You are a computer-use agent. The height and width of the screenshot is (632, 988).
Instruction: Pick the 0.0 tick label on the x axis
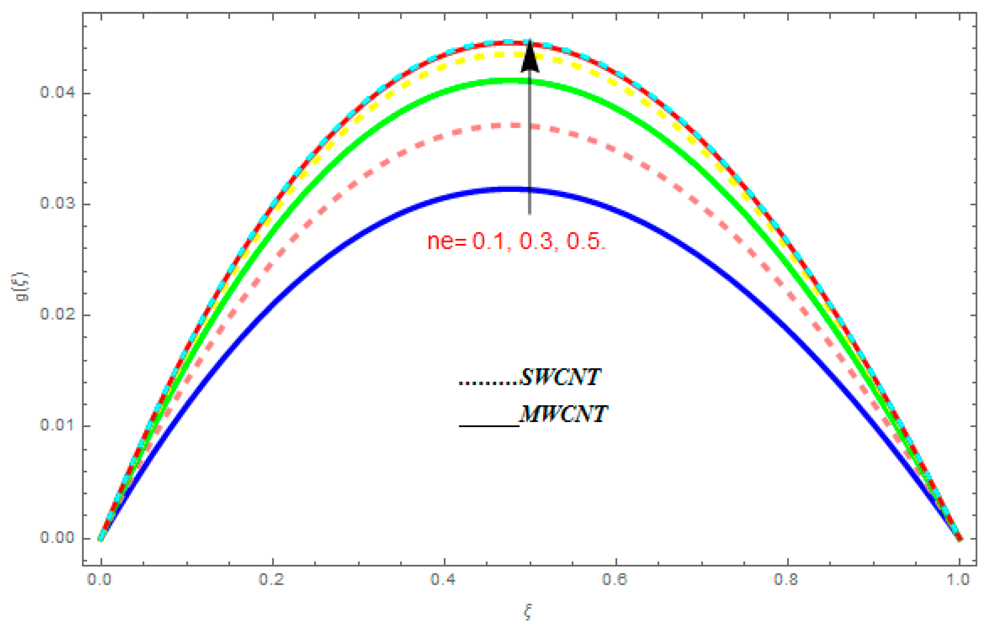[100, 579]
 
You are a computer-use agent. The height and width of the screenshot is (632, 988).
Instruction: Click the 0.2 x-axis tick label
[272, 579]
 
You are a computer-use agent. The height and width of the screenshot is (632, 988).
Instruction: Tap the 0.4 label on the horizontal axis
[443, 579]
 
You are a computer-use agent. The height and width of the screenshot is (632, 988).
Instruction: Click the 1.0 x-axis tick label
[958, 579]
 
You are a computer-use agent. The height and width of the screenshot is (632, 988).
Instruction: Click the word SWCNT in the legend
[560, 377]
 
